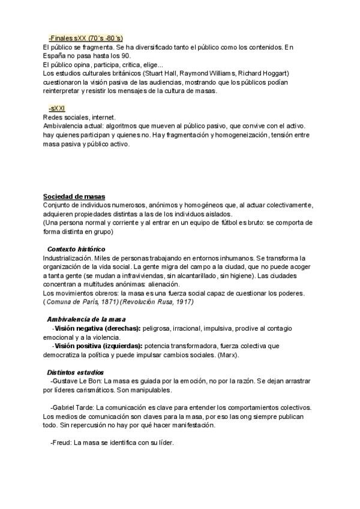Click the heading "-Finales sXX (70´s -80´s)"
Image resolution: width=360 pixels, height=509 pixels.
pyautogui.click(x=86, y=38)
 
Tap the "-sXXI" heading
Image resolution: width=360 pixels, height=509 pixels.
pyautogui.click(x=58, y=108)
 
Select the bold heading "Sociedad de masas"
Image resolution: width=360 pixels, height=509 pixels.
pyautogui.click(x=74, y=196)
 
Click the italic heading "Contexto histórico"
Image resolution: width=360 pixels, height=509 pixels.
pyautogui.click(x=76, y=248)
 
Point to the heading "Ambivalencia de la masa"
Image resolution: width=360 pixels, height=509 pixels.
pyautogui.click(x=86, y=319)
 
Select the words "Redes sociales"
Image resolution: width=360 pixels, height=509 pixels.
pyautogui.click(x=65, y=117)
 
